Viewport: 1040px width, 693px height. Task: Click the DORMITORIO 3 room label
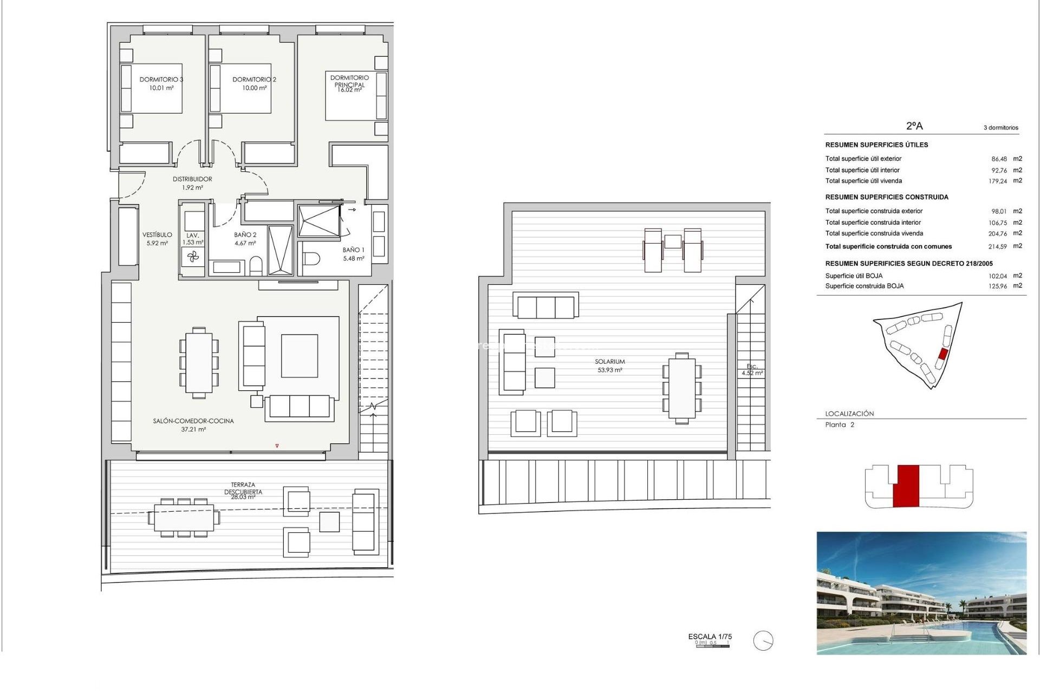(161, 80)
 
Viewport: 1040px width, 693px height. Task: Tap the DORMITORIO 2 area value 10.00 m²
(254, 88)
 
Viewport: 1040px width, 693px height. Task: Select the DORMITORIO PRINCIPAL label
(349, 81)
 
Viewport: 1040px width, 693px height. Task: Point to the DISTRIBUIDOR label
(192, 179)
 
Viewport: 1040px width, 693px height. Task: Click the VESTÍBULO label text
(157, 235)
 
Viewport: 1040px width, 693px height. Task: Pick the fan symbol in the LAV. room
(193, 257)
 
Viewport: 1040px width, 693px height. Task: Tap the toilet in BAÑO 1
(311, 259)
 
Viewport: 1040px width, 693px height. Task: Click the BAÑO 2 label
(245, 235)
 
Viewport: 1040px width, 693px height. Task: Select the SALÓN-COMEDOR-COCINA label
(193, 421)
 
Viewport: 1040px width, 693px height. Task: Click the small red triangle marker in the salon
(277, 446)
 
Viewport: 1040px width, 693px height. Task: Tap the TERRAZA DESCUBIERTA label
(243, 488)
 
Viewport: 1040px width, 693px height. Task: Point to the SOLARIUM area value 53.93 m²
(610, 370)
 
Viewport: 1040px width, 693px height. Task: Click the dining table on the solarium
(682, 388)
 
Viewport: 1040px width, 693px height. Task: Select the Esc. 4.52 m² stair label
(752, 370)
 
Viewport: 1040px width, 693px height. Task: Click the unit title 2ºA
(914, 126)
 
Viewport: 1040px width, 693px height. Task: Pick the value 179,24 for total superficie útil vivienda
(997, 181)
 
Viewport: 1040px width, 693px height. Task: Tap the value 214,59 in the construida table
(997, 247)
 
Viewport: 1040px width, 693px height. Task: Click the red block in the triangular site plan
(942, 355)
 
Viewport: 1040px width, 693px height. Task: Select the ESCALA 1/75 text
(710, 637)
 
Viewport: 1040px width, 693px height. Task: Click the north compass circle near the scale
(763, 641)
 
